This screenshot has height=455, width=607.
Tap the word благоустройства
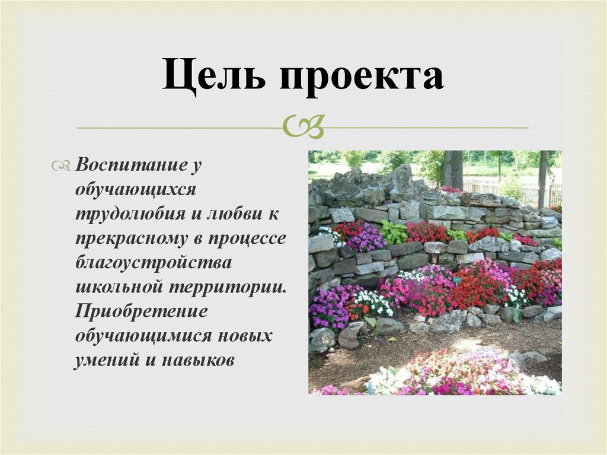[154, 262]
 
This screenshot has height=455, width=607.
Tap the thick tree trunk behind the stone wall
[453, 169]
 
